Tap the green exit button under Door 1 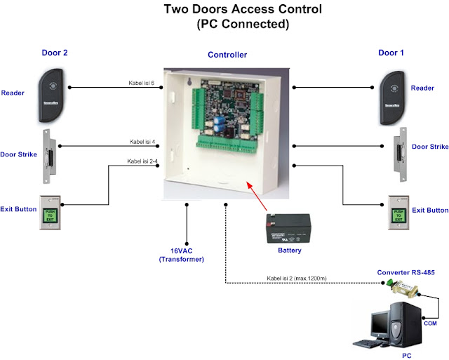398,213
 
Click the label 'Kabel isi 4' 142,142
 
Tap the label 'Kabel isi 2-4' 142,161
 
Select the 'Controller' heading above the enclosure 227,55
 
